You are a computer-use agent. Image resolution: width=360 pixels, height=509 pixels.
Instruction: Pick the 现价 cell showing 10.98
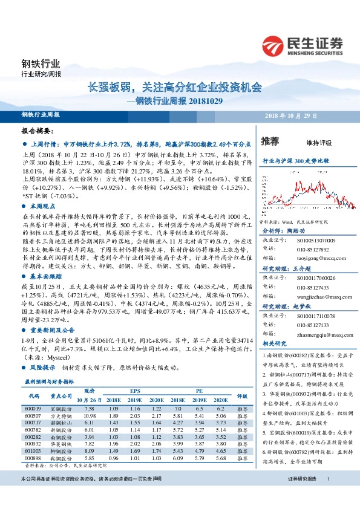pos(90,416)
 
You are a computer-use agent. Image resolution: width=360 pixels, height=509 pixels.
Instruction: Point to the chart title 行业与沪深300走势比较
pos(295,161)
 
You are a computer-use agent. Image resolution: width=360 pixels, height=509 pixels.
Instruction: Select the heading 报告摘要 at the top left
pos(38,131)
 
